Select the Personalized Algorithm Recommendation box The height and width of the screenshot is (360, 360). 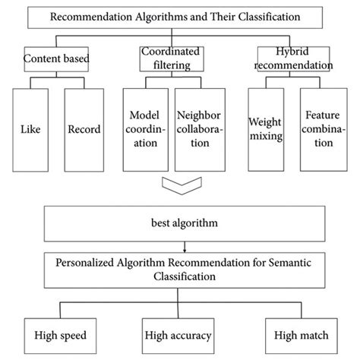[x=179, y=269]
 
